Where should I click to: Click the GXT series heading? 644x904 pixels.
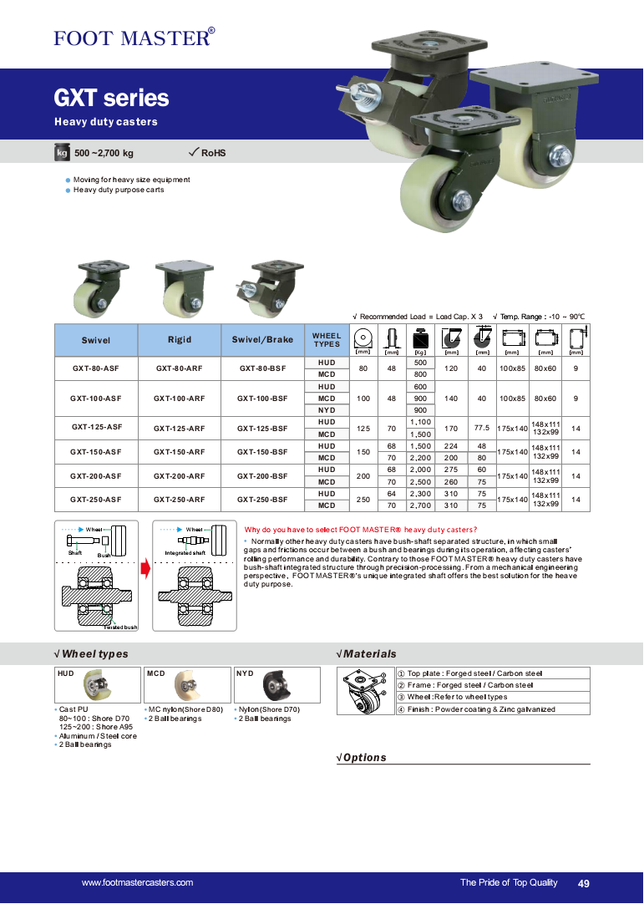111,99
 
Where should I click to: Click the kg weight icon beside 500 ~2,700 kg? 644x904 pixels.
62,153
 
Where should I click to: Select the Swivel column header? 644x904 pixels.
96,340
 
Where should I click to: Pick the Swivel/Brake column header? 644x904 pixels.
262,340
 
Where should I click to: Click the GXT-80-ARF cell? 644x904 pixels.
179,368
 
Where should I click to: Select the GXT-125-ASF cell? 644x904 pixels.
96,428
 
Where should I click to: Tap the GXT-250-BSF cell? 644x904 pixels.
262,500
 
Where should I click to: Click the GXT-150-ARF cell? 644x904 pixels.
179,452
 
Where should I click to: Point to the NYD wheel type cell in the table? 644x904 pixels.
327,410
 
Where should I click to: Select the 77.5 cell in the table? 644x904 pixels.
481,428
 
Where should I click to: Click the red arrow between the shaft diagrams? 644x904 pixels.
145,570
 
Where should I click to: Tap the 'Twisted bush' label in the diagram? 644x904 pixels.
120,627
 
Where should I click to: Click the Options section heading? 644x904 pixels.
364,758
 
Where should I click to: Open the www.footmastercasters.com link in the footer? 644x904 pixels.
137,882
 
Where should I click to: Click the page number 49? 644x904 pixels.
583,883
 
